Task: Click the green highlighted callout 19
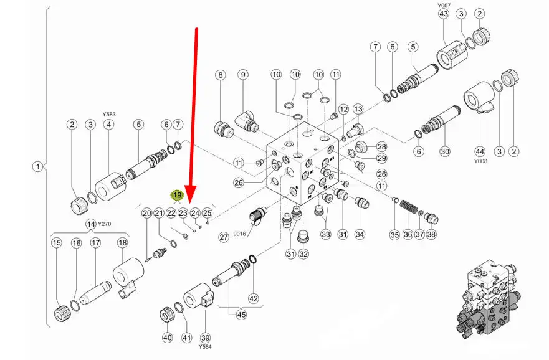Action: click(177, 196)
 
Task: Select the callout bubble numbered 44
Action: click(479, 151)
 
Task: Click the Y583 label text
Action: click(110, 115)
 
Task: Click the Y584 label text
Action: click(205, 347)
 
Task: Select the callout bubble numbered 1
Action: click(38, 167)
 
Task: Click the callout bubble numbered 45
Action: click(241, 315)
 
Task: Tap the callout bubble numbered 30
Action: click(444, 151)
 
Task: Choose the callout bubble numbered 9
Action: click(242, 75)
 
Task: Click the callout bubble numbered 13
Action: click(358, 110)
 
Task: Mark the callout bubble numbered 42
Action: click(253, 298)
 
